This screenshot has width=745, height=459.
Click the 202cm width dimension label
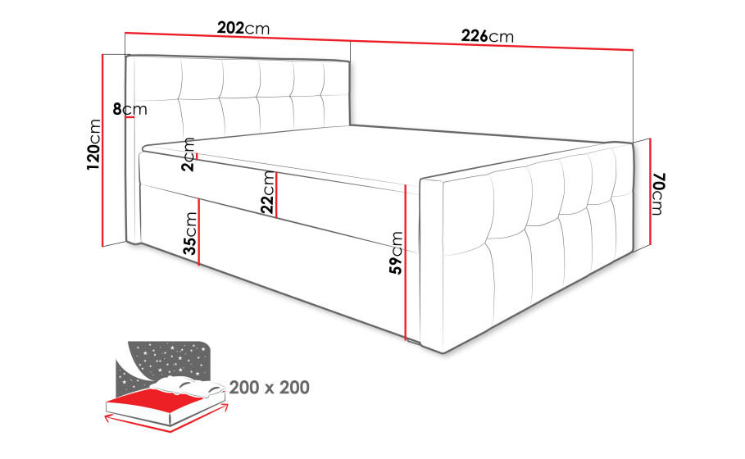click(243, 28)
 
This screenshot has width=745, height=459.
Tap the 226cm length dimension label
click(488, 36)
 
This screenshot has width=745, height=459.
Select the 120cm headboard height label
click(93, 145)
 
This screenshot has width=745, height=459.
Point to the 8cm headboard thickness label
click(129, 109)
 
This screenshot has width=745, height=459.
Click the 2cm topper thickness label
click(189, 154)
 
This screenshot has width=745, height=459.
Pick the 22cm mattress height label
click(268, 192)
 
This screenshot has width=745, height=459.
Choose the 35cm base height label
click(190, 234)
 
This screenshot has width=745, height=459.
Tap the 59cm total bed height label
click(396, 252)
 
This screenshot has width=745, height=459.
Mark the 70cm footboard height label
click(658, 194)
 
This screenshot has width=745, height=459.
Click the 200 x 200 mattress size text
click(270, 388)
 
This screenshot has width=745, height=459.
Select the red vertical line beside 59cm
click(406, 262)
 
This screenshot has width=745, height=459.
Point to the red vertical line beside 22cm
click(276, 195)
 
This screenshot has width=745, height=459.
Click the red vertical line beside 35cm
click(199, 231)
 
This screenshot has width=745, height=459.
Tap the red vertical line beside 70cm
click(649, 192)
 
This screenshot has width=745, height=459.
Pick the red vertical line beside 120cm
click(102, 150)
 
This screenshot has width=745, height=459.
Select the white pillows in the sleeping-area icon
click(189, 385)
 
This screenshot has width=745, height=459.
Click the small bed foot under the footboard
click(412, 341)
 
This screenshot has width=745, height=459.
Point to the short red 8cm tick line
click(131, 118)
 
